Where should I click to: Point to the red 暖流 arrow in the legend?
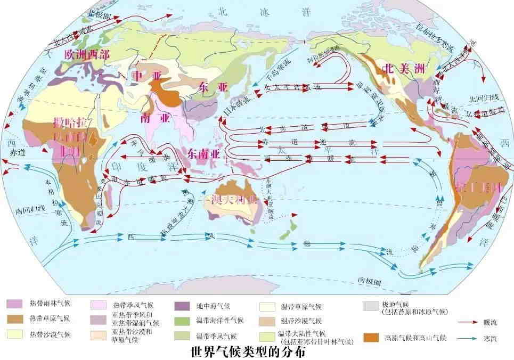468,322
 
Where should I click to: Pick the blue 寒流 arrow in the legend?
468,338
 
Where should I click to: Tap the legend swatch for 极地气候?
371,306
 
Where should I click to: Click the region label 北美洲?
403,68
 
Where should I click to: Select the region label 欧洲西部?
87,54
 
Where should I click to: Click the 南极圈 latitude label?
369,280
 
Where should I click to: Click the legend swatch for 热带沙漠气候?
14,334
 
